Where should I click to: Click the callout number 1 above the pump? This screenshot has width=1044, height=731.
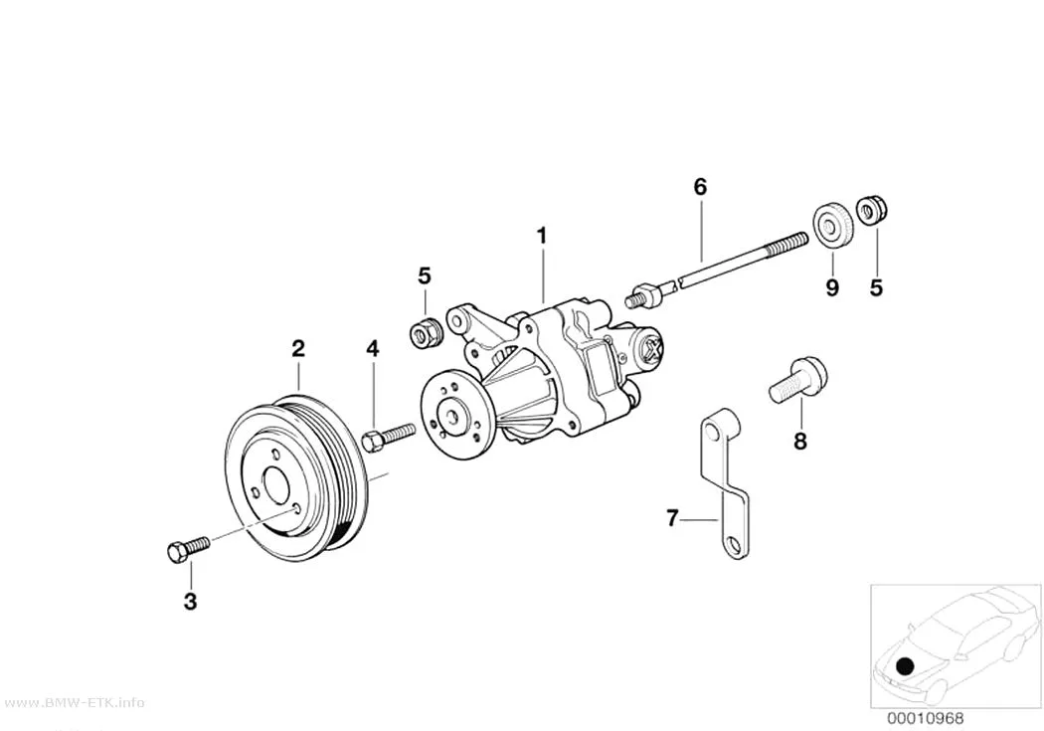coord(542,236)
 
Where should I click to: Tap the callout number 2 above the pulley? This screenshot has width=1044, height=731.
coord(298,348)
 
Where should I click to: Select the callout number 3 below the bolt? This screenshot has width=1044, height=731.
coord(191,602)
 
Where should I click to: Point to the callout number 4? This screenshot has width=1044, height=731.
coord(373,348)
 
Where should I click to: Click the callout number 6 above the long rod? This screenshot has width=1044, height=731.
coord(700,187)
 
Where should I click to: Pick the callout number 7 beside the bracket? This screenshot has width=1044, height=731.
coord(672,517)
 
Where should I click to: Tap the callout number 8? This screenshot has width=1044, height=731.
coord(799,441)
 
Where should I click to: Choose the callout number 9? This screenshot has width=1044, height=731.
coord(832,287)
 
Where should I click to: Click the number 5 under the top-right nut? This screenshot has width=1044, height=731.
coord(876,287)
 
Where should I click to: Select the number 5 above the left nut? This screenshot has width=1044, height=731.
coord(425,274)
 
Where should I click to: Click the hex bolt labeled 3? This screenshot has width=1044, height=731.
coord(187,549)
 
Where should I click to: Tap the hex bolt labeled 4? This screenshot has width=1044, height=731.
coord(388,436)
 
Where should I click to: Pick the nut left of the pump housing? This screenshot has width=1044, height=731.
coord(425,331)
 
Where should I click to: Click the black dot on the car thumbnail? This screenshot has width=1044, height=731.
coord(905,665)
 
